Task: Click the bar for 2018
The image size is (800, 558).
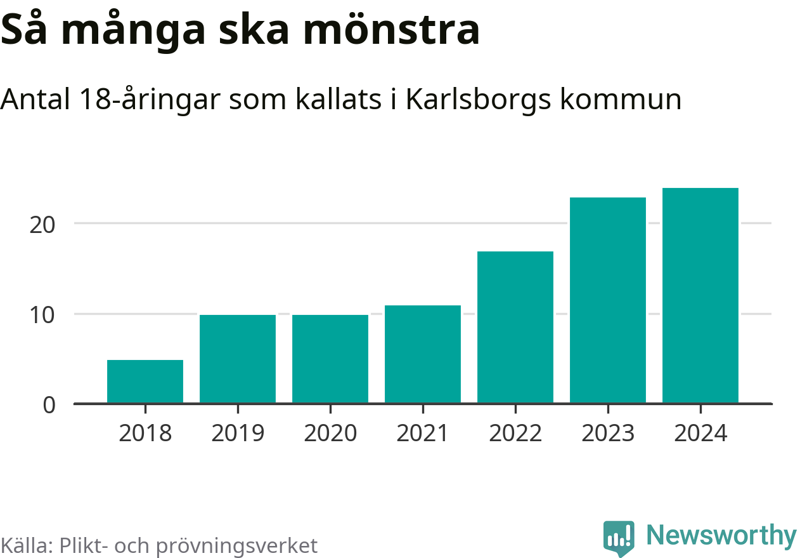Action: (x=145, y=381)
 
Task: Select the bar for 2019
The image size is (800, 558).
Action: (x=238, y=359)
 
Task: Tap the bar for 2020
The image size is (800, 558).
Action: (x=330, y=359)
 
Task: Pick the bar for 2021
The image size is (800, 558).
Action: (x=423, y=354)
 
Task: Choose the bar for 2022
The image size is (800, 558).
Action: (x=515, y=327)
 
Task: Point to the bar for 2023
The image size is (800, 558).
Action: (x=608, y=300)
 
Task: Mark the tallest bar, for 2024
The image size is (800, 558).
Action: (x=700, y=295)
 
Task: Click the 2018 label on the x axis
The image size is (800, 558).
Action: (x=145, y=434)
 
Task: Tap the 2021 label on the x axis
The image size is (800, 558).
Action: (x=423, y=434)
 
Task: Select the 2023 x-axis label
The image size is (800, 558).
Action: (x=608, y=434)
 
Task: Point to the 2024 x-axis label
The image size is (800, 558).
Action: (x=700, y=434)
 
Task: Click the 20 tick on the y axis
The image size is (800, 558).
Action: (x=44, y=224)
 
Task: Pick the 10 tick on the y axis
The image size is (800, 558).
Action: (x=44, y=314)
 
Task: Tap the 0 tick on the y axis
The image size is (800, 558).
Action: (x=49, y=404)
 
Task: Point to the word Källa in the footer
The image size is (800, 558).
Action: (x=27, y=545)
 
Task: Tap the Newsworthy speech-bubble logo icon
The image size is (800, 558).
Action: (x=618, y=538)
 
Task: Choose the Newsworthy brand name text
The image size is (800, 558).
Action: (x=721, y=536)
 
